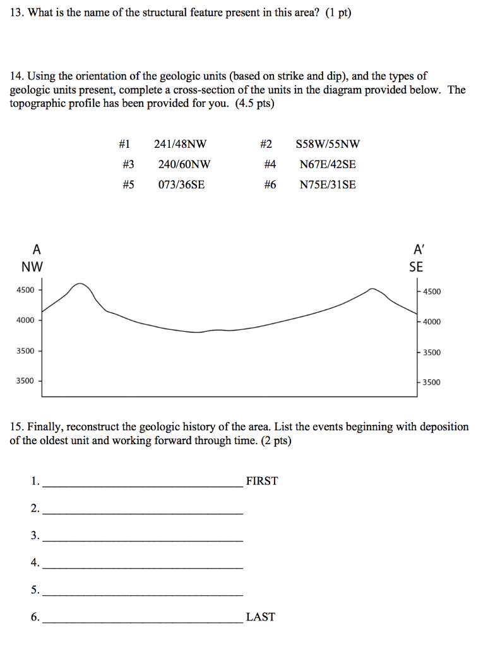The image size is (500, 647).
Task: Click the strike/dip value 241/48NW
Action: pos(180,144)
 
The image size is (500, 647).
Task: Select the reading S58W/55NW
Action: pos(328,144)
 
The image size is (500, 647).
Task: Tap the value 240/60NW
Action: pos(184,164)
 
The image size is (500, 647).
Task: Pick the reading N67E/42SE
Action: pos(328,164)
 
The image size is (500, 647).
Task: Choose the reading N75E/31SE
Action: pos(328,184)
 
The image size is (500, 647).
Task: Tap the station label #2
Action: pos(268,144)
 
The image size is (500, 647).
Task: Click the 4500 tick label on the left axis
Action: pos(25,290)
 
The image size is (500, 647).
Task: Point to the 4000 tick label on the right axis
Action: pos(432,322)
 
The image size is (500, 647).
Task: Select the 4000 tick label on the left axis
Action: pos(25,320)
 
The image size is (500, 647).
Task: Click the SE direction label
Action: pos(416,267)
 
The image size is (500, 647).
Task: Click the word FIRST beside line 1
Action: pos(261,481)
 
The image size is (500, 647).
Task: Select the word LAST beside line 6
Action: pos(260,617)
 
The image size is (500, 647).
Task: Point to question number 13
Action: pos(16,13)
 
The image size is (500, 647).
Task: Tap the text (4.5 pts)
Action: pos(254,104)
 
